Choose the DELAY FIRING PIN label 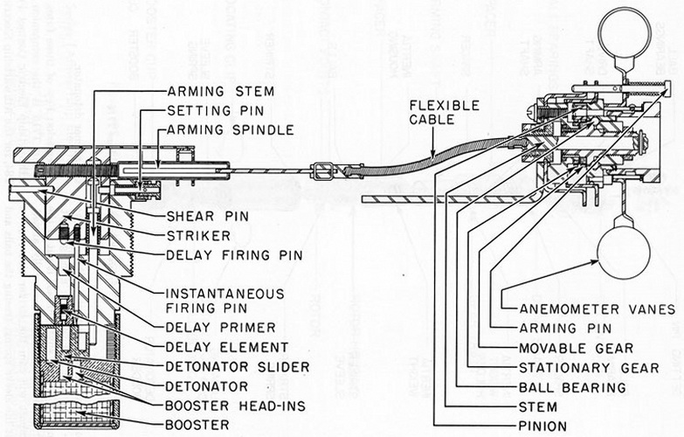[226, 255]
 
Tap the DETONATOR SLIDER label [237, 366]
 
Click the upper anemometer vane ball [624, 32]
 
